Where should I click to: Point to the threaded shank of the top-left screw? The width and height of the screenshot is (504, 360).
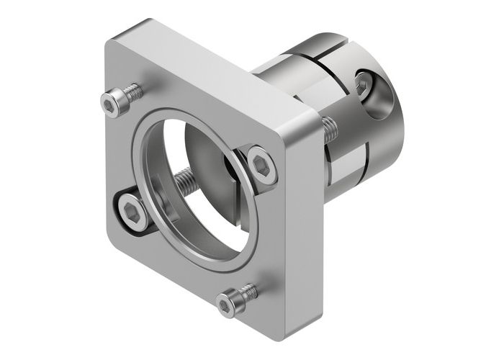(x=132, y=92)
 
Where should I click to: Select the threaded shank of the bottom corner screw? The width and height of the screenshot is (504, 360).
(x=248, y=292)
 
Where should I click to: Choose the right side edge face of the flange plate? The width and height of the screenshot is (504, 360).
(x=302, y=216)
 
